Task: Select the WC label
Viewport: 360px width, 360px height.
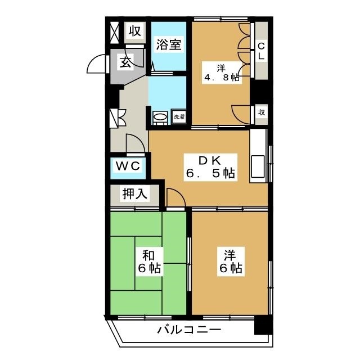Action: [129, 166]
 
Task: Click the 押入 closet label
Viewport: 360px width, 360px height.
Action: [136, 195]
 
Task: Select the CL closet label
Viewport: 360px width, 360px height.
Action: [262, 51]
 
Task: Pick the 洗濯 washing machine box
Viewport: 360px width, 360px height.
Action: [178, 117]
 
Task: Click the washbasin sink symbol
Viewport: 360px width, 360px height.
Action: [160, 117]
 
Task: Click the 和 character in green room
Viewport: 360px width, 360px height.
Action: [149, 254]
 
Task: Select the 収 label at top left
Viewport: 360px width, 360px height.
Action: [136, 30]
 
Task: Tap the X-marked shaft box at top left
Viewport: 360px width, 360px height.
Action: [114, 31]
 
